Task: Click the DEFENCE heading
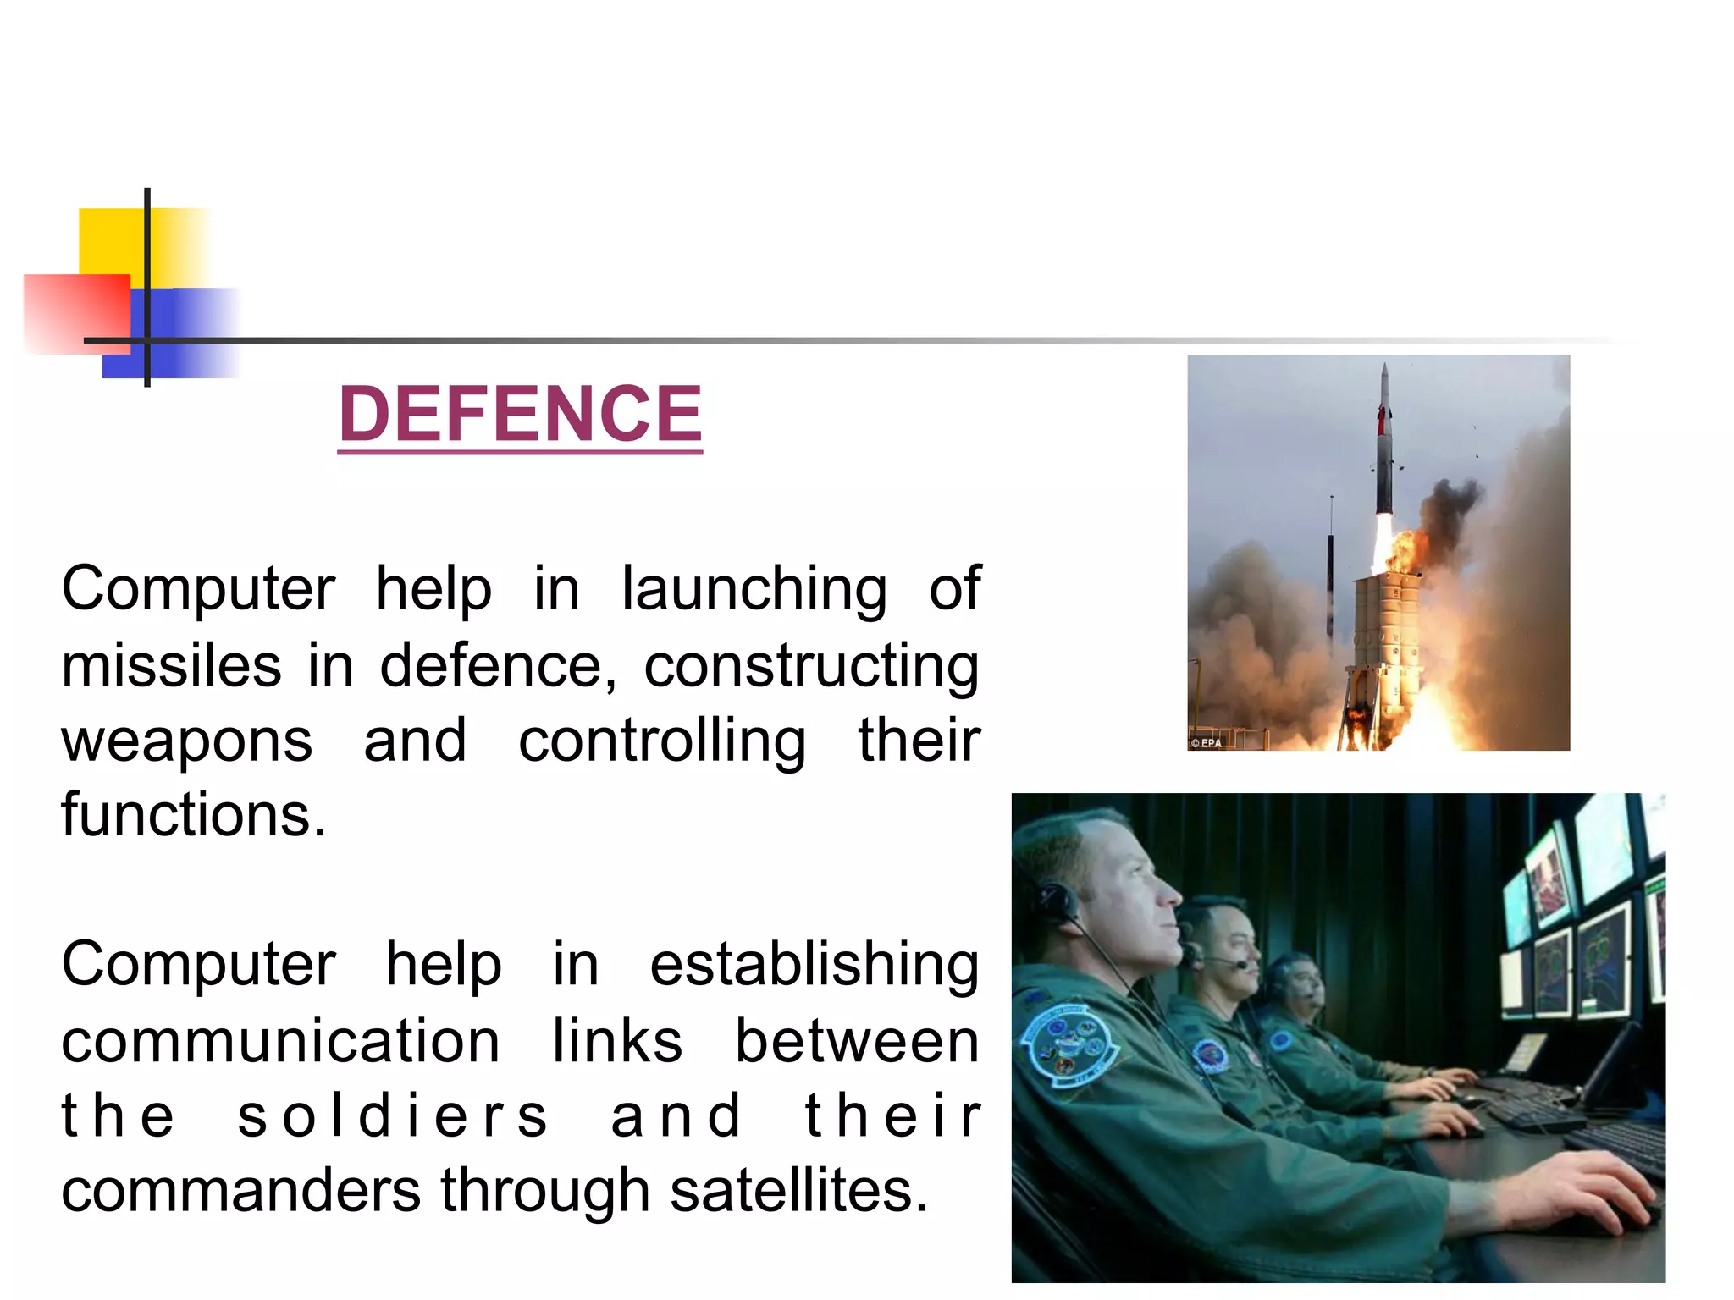click(520, 414)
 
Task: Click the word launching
click(754, 589)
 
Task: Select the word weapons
click(187, 741)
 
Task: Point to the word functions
click(193, 814)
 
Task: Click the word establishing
click(814, 965)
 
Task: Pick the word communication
click(280, 1041)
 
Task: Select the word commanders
click(240, 1190)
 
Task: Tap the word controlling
click(661, 741)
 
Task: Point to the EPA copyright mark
click(1206, 743)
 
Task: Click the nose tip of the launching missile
click(1384, 367)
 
